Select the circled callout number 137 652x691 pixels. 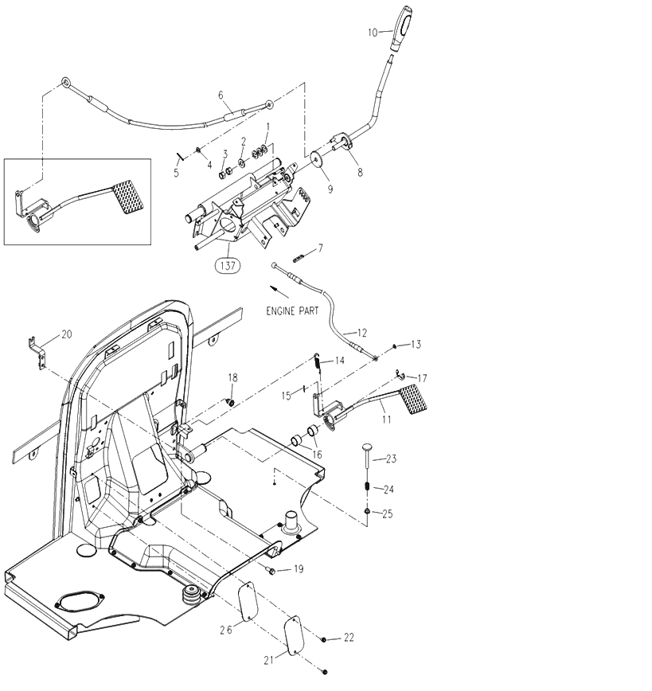228,266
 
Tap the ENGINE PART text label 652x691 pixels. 292,312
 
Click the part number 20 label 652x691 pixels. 66,334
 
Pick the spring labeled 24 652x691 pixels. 366,486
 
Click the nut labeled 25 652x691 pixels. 366,510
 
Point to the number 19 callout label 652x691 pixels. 299,569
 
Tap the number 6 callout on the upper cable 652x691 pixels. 221,96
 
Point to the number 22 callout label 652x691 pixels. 348,638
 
